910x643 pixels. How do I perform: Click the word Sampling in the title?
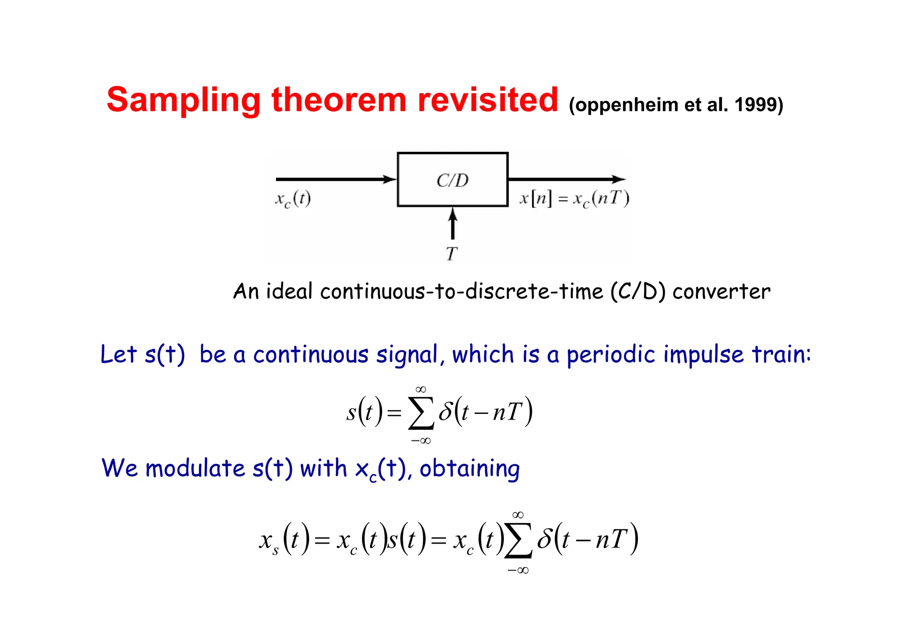[183, 100]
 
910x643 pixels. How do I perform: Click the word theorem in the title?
[339, 100]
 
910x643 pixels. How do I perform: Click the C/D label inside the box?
[452, 180]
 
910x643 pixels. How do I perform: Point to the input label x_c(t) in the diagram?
[293, 199]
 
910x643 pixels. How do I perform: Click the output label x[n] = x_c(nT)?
[574, 198]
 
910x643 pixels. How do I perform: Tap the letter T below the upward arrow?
[451, 254]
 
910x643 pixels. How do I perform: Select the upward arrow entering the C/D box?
[452, 224]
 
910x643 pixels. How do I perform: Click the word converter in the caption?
[721, 292]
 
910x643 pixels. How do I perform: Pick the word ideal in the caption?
[289, 292]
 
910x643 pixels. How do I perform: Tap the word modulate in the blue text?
[195, 468]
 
